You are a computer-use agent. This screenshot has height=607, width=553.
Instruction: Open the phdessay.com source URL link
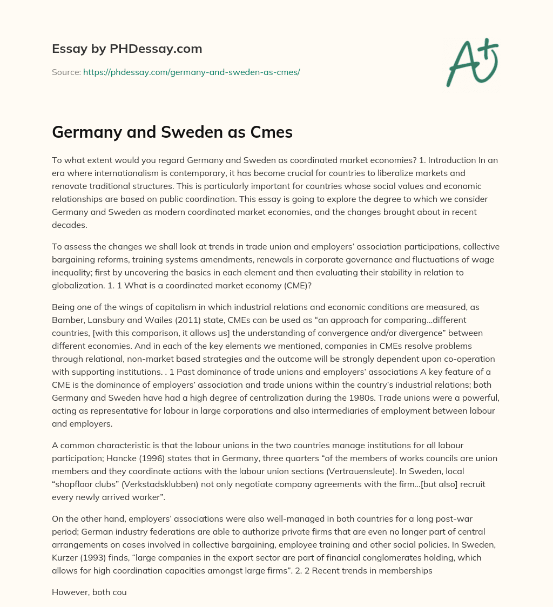[191, 72]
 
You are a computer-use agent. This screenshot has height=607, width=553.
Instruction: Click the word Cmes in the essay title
[268, 133]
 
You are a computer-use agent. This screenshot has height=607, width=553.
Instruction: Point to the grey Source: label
[66, 72]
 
